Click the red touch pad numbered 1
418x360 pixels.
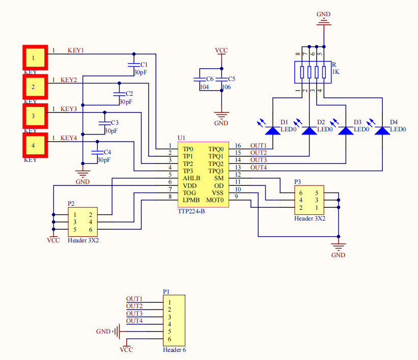(x=34, y=58)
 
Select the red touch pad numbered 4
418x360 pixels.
(x=34, y=145)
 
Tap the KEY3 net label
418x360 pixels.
(x=69, y=109)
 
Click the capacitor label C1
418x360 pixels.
(x=144, y=65)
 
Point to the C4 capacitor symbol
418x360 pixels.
(x=95, y=152)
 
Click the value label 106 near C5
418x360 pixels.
(x=226, y=87)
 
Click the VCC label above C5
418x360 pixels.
(x=221, y=50)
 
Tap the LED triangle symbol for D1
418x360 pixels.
(x=273, y=130)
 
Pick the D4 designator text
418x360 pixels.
(x=394, y=122)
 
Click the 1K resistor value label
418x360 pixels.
(x=336, y=72)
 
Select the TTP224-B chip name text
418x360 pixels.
(x=191, y=211)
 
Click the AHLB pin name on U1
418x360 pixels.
(x=191, y=178)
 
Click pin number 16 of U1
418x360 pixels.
(x=237, y=146)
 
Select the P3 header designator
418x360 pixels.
(x=298, y=182)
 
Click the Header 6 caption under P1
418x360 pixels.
(x=175, y=350)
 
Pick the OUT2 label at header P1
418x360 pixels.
(x=134, y=306)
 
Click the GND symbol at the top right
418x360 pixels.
(x=323, y=18)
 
